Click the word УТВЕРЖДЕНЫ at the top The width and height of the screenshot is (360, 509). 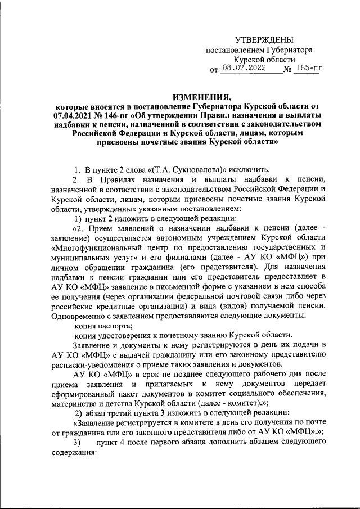(x=264, y=39)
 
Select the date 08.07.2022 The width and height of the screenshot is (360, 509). (x=245, y=69)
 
